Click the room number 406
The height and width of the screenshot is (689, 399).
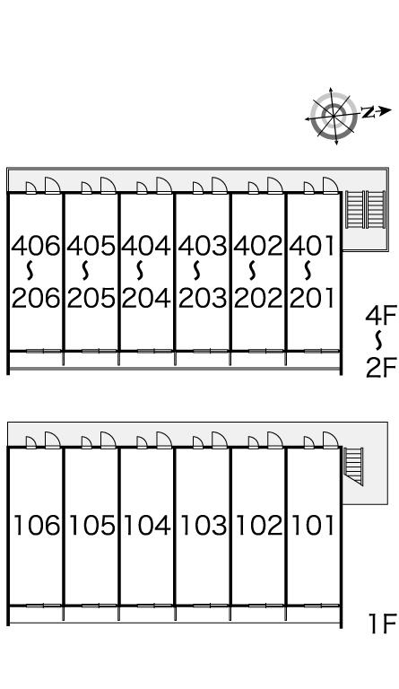pos(35,246)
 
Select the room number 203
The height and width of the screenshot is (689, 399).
pos(203,299)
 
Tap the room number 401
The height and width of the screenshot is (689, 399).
pos(312,246)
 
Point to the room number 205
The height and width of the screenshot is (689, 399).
pos(91,299)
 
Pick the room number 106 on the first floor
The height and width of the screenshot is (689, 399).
pos(37,526)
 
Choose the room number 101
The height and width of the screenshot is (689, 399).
pos(313,526)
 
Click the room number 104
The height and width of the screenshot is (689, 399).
pos(147,526)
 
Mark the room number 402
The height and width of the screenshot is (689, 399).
pos(258,246)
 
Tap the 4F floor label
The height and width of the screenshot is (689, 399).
pos(381,316)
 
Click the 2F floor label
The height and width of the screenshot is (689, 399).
pos(381,368)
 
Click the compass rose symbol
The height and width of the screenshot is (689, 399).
pos(334,116)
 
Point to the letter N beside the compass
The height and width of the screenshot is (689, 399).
pos(369,112)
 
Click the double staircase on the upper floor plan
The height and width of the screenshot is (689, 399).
pos(365,210)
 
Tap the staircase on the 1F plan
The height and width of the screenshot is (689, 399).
pos(353,466)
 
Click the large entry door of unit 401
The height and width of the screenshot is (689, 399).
pos(331,185)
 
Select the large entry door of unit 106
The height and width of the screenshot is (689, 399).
pos(52,440)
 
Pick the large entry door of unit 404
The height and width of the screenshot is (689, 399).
pos(164,185)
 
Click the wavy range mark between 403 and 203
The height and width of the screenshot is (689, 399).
pos(197,271)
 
